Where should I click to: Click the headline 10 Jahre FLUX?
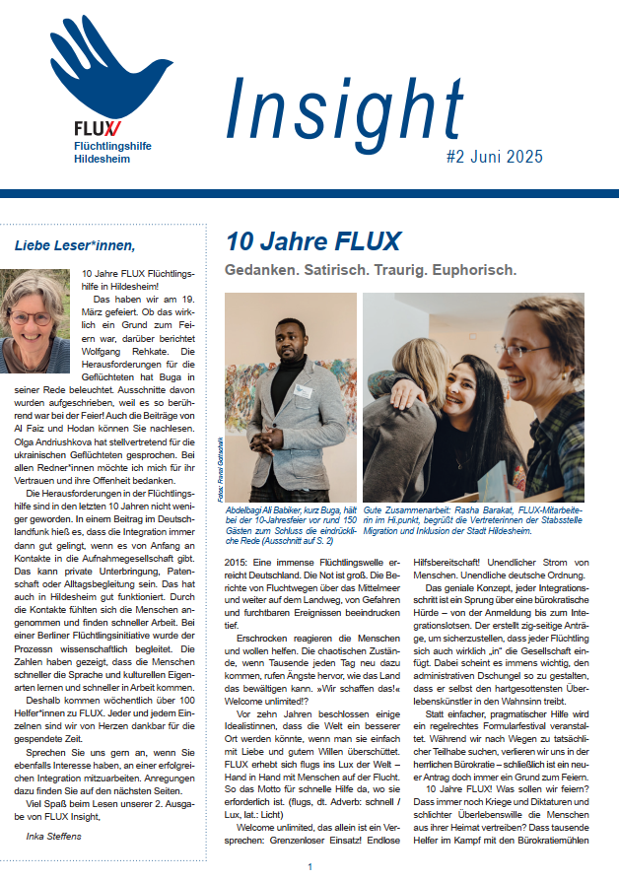point(312,242)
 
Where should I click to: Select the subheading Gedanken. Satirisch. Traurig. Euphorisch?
point(371,269)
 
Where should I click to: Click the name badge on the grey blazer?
point(305,392)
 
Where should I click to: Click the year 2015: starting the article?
point(239,562)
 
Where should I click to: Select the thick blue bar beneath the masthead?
point(309,193)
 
